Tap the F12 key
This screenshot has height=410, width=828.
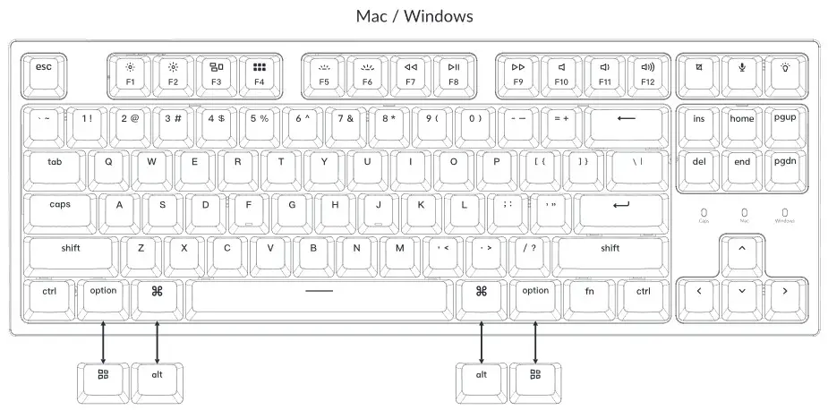pyautogui.click(x=647, y=73)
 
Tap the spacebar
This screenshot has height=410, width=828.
pyautogui.click(x=319, y=295)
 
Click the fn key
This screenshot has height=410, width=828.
pyautogui.click(x=590, y=295)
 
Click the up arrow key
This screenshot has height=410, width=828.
pyautogui.click(x=741, y=252)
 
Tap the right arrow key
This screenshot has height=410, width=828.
pyautogui.click(x=784, y=295)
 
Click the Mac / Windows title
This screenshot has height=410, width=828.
pyautogui.click(x=414, y=16)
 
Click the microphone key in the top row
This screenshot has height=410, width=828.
pyautogui.click(x=741, y=72)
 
